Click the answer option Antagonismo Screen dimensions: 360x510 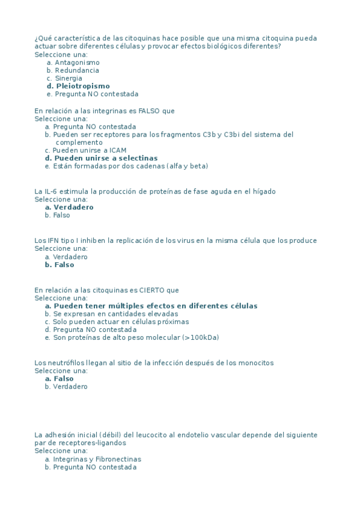(x=77, y=63)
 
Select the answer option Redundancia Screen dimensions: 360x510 (x=77, y=70)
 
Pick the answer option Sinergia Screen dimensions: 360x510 (x=69, y=78)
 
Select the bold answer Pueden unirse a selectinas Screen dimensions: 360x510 (x=106, y=158)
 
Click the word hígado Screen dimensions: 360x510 (x=263, y=192)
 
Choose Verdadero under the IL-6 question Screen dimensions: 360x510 (x=73, y=207)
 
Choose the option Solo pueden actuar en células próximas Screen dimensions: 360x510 (x=121, y=322)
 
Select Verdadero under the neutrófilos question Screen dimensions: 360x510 (x=70, y=387)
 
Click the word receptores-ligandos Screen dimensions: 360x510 (x=88, y=443)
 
